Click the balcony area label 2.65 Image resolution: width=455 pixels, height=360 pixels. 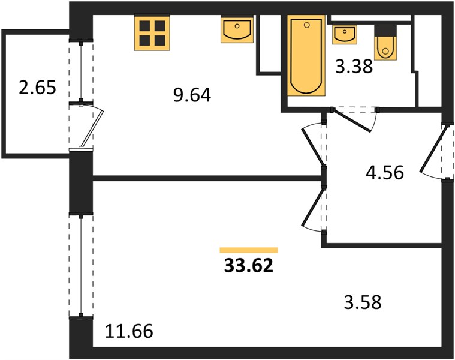(x=37, y=88)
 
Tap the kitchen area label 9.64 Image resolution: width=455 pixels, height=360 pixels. (x=192, y=95)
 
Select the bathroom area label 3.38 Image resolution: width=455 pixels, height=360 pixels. (x=354, y=66)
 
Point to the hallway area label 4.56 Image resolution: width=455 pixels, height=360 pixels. (x=385, y=172)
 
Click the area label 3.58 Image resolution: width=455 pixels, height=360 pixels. (x=363, y=302)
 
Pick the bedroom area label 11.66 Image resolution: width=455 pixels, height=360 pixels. (x=129, y=331)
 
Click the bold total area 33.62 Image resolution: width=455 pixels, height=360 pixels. (x=249, y=265)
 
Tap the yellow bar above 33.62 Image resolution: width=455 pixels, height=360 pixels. (x=249, y=250)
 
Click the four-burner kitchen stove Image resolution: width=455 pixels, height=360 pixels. (x=152, y=33)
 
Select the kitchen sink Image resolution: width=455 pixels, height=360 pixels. (x=237, y=29)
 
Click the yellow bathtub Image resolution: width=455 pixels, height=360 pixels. (x=306, y=55)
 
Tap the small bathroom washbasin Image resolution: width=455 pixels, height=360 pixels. (x=345, y=35)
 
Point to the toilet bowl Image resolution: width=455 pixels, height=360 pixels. (x=385, y=48)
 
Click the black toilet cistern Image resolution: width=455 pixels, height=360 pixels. (x=385, y=31)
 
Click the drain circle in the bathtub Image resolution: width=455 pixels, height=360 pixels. (x=307, y=26)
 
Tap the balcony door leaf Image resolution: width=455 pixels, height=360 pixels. (x=92, y=128)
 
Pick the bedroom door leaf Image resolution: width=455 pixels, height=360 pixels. (x=312, y=207)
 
